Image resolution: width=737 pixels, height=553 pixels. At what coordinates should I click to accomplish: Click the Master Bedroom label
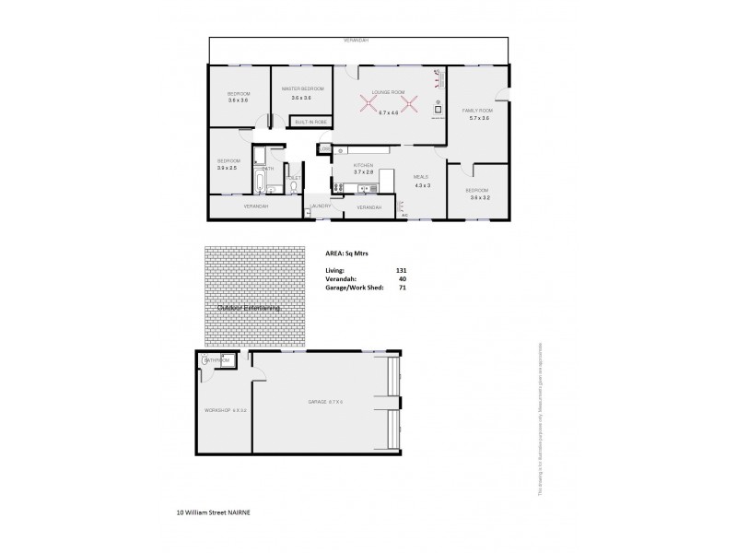[x=303, y=88]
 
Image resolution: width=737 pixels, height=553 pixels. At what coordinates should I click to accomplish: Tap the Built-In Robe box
[x=309, y=122]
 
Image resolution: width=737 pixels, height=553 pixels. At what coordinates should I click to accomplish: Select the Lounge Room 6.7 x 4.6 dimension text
[x=388, y=112]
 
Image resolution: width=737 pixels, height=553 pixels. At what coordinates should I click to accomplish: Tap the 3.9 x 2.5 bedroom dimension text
[x=227, y=168]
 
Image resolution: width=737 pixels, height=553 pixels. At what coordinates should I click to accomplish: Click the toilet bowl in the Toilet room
[x=293, y=187]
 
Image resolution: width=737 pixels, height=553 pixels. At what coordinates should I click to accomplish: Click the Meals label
[x=421, y=176]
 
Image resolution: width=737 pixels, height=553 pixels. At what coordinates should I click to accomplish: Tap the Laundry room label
[x=320, y=206]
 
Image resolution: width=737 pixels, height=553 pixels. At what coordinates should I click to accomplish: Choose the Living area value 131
[x=401, y=269]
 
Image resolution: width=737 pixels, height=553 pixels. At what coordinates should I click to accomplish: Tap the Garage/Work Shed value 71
[x=402, y=288]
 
